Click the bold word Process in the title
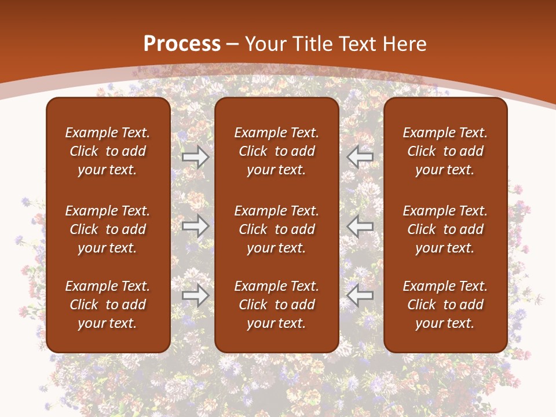182,43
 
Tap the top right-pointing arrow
196,156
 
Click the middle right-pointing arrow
196,226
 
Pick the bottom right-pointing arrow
196,295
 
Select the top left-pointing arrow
360,156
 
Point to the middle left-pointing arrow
360,226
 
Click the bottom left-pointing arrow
360,295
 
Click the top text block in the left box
108,151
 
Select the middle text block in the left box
108,229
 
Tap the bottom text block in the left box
108,305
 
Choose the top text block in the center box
276,151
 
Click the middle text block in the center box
276,229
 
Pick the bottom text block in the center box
276,305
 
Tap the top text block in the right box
445,151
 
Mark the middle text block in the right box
445,229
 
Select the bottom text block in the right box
445,305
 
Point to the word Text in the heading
358,43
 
